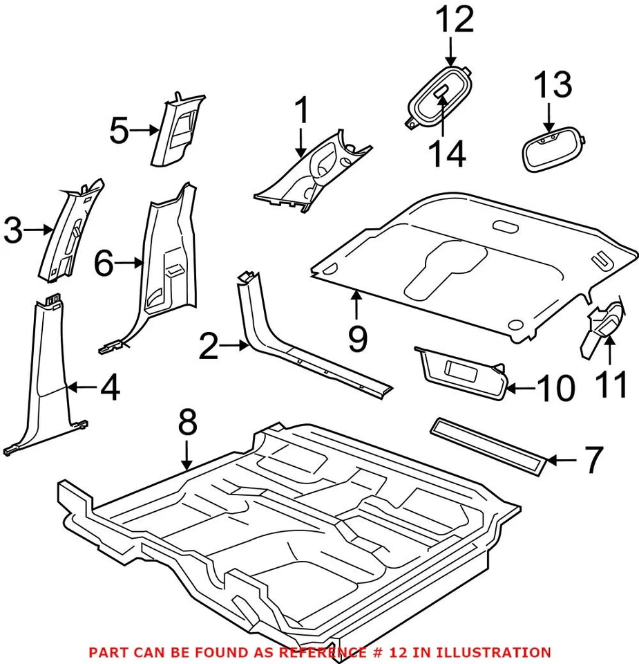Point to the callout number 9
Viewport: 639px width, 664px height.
(x=357, y=338)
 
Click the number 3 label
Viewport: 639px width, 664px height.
(x=13, y=230)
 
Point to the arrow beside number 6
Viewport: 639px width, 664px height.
(x=129, y=263)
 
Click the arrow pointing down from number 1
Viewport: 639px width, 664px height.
(x=300, y=144)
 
